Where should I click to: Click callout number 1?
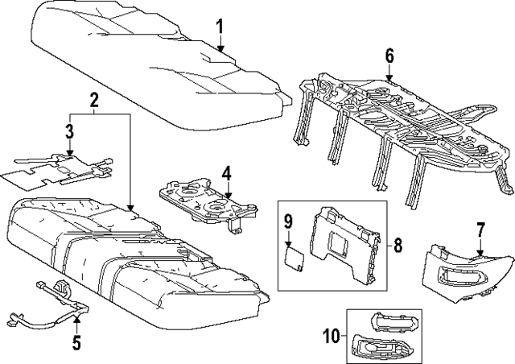219,30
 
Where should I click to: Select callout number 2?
94,101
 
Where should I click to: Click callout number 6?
389,56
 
